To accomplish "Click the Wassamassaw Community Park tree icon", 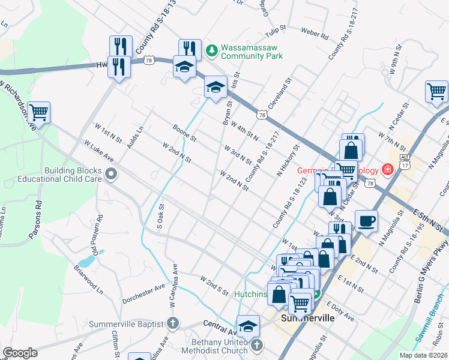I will click(x=211, y=51).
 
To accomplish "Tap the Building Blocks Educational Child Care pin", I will click(x=111, y=175).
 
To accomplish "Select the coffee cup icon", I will click(x=366, y=221).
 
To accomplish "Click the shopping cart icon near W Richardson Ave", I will click(x=38, y=112).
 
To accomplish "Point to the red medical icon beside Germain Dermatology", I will click(x=388, y=170).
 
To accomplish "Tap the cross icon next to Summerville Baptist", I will click(x=172, y=324).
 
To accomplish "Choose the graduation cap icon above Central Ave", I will click(x=248, y=326).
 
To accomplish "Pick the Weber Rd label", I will click(x=315, y=34).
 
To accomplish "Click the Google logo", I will click(x=20, y=353).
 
